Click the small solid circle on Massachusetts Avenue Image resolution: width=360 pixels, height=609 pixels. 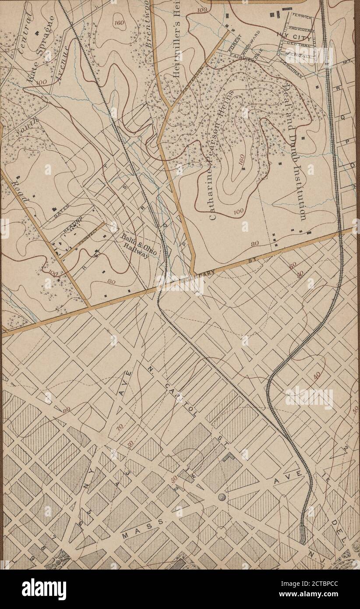point(222,497)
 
